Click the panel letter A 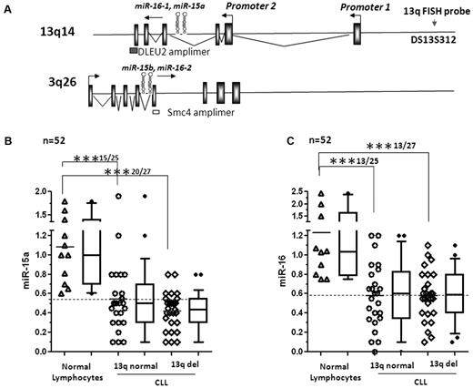point(8,6)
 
